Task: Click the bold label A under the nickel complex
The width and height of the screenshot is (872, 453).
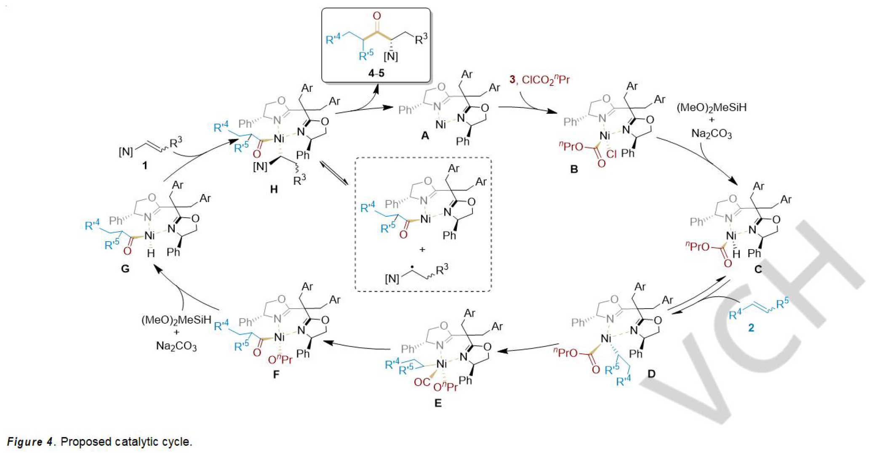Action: (425, 136)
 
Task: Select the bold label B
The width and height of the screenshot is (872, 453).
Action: (574, 169)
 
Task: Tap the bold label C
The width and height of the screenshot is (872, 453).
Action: (758, 269)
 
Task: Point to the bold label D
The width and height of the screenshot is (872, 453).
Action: (651, 373)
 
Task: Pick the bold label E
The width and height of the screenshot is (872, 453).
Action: (438, 403)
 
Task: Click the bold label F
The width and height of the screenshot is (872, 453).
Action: (276, 374)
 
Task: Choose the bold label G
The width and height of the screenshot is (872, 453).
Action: (125, 269)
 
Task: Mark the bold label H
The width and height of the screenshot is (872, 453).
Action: (274, 189)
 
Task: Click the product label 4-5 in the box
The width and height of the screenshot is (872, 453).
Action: (376, 73)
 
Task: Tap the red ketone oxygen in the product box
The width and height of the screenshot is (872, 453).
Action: (377, 16)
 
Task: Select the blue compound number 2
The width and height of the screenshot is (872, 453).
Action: (751, 327)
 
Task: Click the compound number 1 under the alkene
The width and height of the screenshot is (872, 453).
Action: (145, 165)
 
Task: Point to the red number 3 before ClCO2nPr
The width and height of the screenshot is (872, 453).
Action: (512, 79)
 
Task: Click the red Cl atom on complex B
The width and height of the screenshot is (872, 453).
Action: (612, 154)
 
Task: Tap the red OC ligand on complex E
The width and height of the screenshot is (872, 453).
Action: (422, 382)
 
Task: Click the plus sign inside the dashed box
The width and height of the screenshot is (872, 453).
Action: (422, 249)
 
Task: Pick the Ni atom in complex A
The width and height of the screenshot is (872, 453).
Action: (440, 125)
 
